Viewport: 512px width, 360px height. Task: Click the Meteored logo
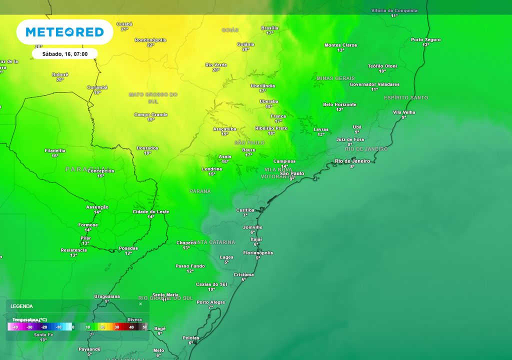point(64,32)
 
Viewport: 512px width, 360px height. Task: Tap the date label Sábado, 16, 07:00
point(64,53)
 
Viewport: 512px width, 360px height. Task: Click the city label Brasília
point(269,28)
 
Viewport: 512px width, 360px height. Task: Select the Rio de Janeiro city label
point(352,161)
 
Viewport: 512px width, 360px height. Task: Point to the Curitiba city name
point(245,210)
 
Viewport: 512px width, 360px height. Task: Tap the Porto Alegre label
point(210,302)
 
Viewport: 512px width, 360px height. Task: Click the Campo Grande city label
point(150,115)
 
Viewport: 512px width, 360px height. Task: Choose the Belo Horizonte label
point(339,104)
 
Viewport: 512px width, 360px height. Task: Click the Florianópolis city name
point(258,253)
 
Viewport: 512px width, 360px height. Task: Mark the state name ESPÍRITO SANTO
point(406,97)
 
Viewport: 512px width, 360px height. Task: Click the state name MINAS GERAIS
point(335,78)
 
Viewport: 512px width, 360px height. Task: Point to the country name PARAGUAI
point(87,169)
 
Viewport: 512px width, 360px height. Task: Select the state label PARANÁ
point(200,191)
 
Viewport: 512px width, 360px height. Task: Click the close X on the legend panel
point(140,304)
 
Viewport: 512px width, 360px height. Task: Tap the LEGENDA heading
point(21,306)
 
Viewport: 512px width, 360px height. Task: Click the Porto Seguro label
point(425,39)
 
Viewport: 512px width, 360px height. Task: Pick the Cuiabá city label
point(124,24)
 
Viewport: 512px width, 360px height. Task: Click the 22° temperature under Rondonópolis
point(150,45)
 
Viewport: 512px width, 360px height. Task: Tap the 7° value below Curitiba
point(245,215)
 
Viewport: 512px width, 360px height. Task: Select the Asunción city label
point(97,207)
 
